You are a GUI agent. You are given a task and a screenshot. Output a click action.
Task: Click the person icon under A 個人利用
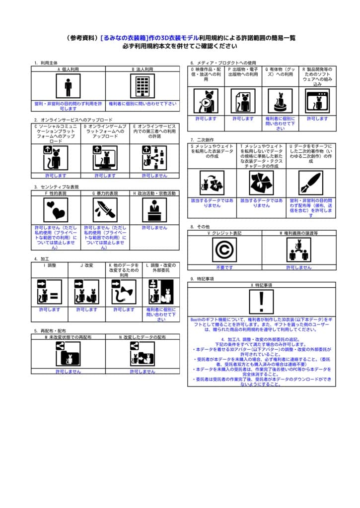tap(68, 87)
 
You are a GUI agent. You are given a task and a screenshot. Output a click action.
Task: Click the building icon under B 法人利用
tap(143, 87)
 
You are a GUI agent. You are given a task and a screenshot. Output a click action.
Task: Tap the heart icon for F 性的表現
tap(56, 210)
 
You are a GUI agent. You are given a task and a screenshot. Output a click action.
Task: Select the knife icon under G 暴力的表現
tap(105, 210)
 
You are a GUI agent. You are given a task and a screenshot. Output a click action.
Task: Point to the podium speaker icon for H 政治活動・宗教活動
tap(154, 210)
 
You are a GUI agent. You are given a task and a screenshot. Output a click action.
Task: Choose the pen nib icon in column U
tap(311, 183)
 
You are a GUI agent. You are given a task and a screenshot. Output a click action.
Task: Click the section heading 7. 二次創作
tap(203, 140)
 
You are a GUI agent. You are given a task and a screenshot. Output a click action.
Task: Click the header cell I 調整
tap(50, 266)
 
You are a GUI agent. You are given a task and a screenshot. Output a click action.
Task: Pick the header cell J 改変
tap(87, 266)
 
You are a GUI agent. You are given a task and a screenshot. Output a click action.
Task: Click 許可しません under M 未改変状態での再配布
tap(68, 371)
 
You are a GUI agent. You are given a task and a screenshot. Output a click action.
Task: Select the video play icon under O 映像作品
tap(206, 101)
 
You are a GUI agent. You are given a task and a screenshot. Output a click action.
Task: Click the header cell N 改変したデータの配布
tap(143, 337)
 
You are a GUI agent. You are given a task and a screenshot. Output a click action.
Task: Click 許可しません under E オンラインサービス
tap(154, 176)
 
